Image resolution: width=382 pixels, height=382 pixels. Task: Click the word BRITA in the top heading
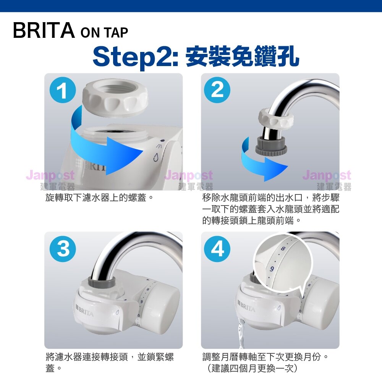[44, 30]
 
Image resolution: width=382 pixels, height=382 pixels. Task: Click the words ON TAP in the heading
[104, 32]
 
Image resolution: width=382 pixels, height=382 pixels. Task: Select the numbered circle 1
[63, 90]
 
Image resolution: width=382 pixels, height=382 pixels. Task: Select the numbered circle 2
[217, 90]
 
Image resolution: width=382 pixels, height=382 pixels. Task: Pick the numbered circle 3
[63, 249]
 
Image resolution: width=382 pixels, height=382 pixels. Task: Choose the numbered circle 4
[217, 249]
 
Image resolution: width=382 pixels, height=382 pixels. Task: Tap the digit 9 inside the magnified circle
[272, 269]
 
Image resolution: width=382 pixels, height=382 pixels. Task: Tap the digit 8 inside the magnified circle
[283, 249]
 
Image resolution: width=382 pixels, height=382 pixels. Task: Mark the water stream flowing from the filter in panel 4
[242, 333]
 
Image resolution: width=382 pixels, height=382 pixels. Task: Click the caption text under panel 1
[100, 197]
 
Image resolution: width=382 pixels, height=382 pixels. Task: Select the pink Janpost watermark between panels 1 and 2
[189, 175]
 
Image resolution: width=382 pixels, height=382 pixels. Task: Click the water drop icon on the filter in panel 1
[156, 157]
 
